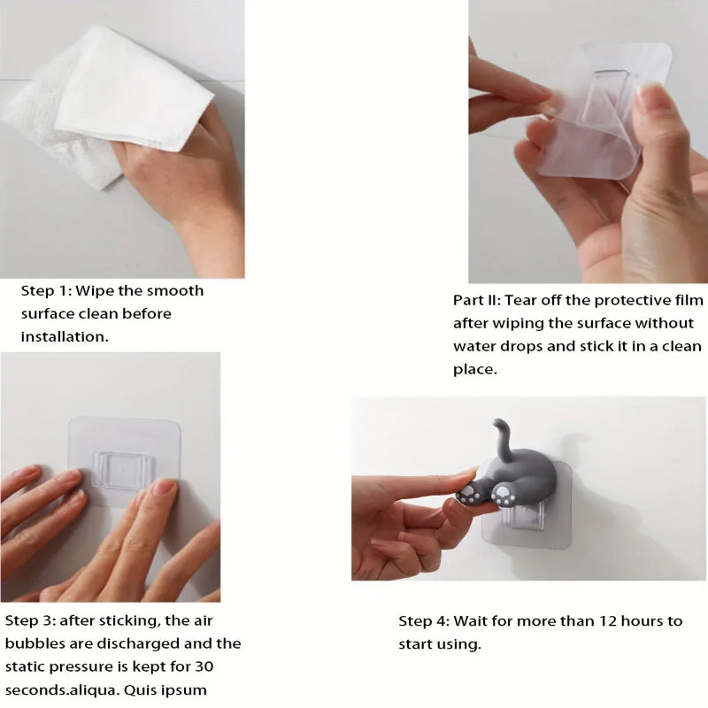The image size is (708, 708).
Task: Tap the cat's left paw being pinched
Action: [x=470, y=494]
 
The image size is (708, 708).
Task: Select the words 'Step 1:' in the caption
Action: [x=46, y=291]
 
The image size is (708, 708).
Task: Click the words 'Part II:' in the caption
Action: [x=477, y=300]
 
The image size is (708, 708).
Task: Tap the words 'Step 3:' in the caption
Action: [x=30, y=620]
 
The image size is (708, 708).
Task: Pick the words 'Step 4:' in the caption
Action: [x=424, y=621]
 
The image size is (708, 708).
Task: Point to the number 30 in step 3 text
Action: [x=204, y=666]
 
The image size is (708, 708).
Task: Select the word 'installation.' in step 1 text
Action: [x=65, y=337]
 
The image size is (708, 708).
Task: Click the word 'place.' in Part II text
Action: [x=475, y=370]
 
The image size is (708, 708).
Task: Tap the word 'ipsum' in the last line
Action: [x=186, y=690]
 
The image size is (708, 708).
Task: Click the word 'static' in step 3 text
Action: [x=25, y=666]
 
